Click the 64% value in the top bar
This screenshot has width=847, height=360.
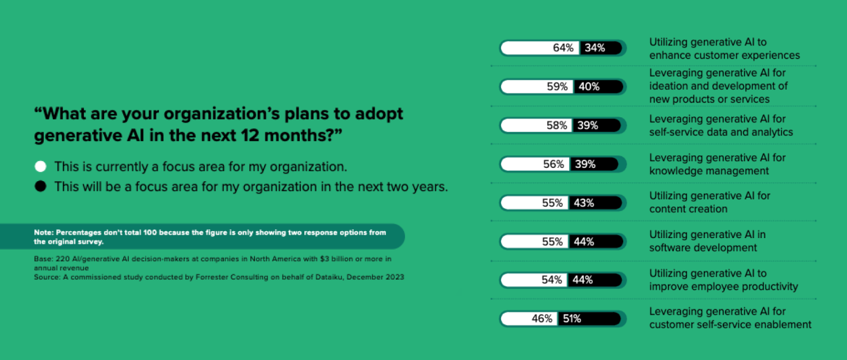point(563,48)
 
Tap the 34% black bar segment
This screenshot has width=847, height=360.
point(601,48)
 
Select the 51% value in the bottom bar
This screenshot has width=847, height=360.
point(572,319)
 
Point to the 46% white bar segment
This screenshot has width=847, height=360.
point(529,319)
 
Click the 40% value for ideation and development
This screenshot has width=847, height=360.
point(589,87)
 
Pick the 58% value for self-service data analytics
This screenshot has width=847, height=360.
point(556,125)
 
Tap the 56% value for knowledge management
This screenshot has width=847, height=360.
point(554,164)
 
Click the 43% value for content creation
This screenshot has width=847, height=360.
point(584,203)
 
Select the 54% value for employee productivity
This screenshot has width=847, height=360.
point(552,280)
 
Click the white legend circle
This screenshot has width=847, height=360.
point(40,167)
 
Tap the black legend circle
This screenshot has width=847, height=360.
point(40,186)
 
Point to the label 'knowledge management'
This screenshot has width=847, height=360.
point(709,171)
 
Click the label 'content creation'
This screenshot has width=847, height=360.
point(688,209)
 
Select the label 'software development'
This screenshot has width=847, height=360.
point(703,248)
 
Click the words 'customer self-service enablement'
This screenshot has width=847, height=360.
point(730,325)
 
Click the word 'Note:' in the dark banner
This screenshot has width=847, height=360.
point(44,233)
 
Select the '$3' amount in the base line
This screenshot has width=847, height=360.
point(324,259)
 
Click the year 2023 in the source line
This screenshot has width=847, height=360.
point(395,277)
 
